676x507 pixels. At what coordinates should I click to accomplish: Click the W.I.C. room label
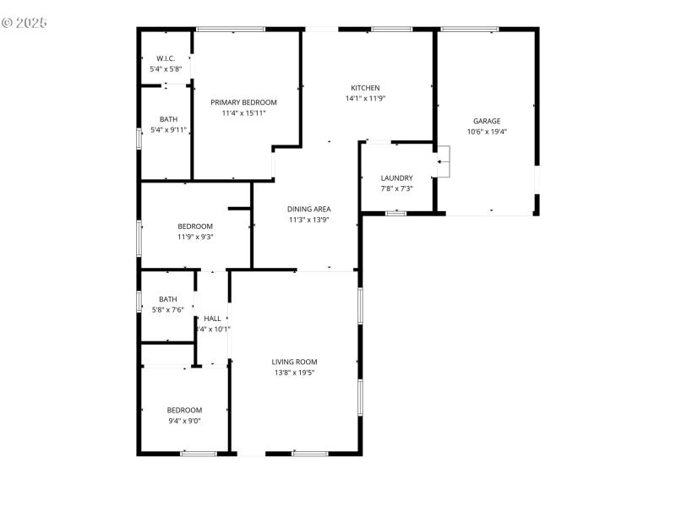point(165,58)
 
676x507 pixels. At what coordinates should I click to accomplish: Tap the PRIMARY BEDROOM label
point(244,102)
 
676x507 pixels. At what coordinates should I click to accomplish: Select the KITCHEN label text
point(365,88)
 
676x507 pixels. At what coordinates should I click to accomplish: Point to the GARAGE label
point(487,121)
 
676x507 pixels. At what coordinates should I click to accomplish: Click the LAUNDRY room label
point(396,177)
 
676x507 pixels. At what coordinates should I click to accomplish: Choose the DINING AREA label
point(308,209)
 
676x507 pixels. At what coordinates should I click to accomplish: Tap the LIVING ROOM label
point(295,362)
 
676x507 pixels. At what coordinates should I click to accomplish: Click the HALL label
point(212,319)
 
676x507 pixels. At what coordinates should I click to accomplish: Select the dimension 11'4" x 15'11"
point(244,112)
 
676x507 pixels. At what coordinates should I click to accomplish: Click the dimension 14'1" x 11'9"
point(365,98)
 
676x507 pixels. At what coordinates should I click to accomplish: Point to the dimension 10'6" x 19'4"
point(487,131)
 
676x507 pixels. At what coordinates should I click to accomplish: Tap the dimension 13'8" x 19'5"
point(295,373)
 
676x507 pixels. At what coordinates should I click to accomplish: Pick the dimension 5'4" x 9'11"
point(168,130)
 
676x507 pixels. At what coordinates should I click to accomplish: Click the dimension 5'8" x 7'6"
point(167,309)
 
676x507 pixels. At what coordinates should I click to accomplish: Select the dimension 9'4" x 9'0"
point(184,420)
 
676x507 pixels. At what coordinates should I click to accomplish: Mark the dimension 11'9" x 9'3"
point(195,237)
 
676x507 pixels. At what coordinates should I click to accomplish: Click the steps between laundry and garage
point(444,161)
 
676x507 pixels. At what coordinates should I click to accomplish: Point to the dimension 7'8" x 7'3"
point(396,188)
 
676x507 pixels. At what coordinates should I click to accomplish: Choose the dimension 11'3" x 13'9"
point(308,220)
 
